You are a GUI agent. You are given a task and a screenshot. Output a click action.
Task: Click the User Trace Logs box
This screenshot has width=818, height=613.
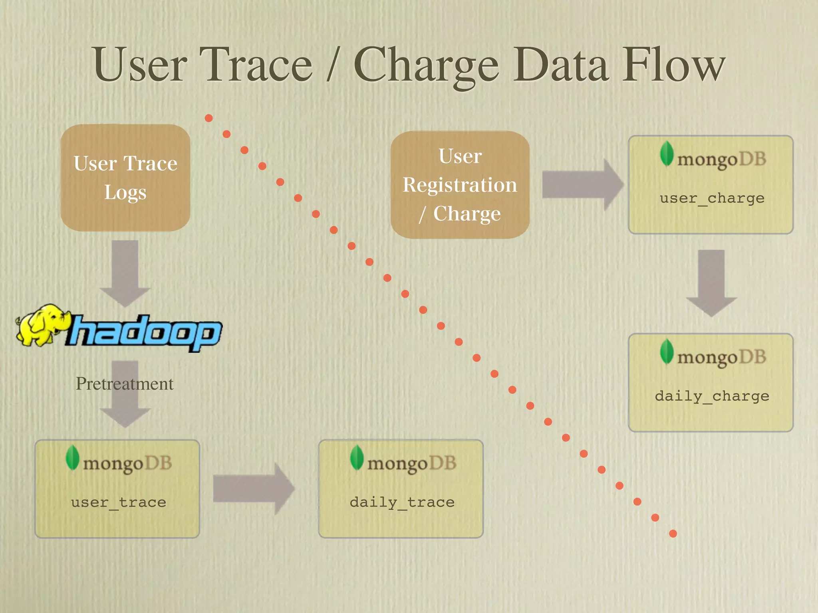coord(125,178)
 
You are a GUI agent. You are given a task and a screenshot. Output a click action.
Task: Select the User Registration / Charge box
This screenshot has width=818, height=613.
coord(460,185)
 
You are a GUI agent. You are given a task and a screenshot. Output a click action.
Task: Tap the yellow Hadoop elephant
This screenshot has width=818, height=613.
coord(42,324)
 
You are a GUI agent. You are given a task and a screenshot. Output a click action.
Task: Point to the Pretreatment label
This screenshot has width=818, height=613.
coord(125,384)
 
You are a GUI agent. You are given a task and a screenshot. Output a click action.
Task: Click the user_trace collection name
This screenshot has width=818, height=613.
coord(119,502)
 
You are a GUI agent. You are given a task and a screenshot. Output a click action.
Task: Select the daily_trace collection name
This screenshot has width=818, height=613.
coord(402,502)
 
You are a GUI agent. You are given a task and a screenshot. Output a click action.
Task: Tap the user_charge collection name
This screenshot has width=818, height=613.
coord(712,198)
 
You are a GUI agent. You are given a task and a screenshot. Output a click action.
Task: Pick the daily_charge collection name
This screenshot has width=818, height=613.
coord(712,396)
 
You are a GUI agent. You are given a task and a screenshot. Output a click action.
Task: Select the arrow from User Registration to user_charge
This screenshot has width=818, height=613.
coord(582,184)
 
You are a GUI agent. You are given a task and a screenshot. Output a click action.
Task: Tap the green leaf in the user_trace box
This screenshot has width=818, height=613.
coord(72,457)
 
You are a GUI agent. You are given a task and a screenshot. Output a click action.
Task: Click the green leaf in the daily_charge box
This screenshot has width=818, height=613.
coord(667,352)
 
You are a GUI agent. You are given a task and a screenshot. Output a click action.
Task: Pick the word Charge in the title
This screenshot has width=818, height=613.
coord(426,66)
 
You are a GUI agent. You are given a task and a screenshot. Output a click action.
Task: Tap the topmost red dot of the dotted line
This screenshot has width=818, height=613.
coord(208,118)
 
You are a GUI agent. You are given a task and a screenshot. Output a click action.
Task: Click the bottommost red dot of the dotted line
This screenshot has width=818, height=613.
coord(673,534)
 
